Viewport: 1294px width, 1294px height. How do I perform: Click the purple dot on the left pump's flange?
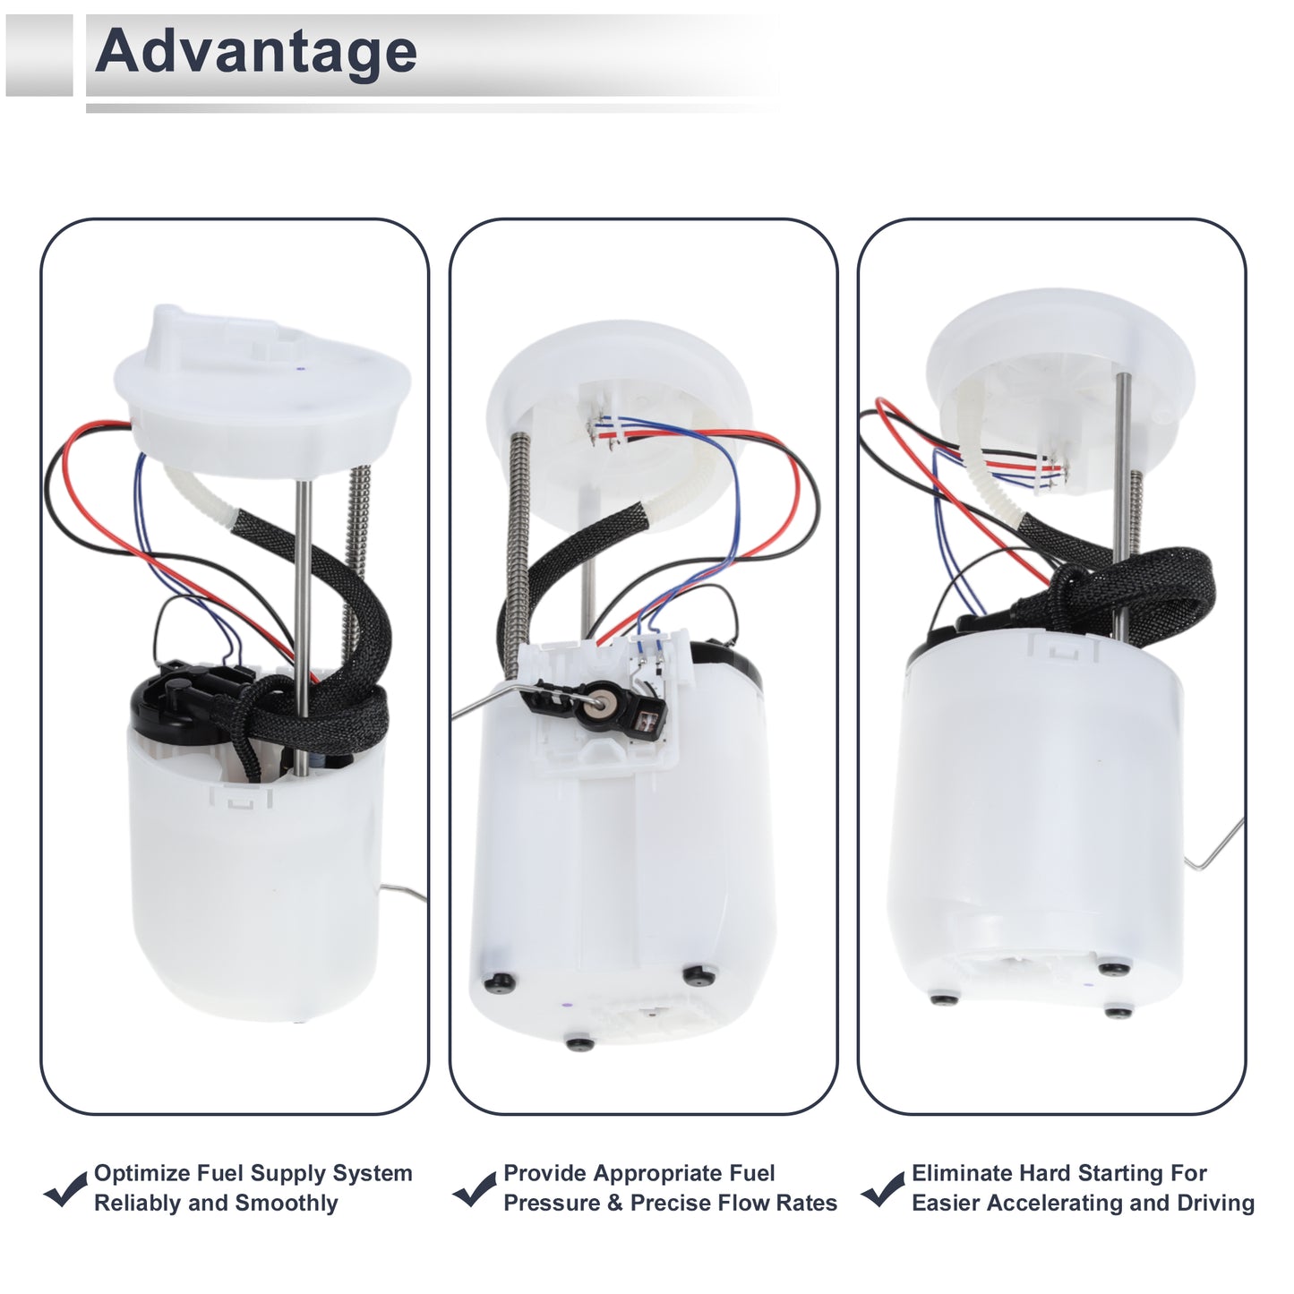coord(300,369)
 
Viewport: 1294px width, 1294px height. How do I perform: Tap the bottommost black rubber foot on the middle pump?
coord(580,1044)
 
